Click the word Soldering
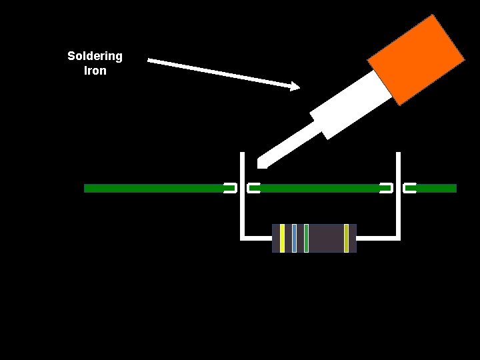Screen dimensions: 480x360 click(95, 56)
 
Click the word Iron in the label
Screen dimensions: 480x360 click(95, 71)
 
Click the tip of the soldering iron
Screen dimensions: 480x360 click(261, 162)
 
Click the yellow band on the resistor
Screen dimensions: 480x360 click(283, 239)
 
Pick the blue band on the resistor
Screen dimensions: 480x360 click(294, 239)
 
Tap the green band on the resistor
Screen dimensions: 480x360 click(306, 239)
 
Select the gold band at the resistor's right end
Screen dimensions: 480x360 click(346, 239)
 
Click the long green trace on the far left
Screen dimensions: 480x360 click(153, 189)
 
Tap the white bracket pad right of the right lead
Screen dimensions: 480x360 click(409, 189)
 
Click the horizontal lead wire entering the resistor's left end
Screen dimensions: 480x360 click(257, 237)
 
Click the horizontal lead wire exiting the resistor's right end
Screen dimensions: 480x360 click(377, 237)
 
